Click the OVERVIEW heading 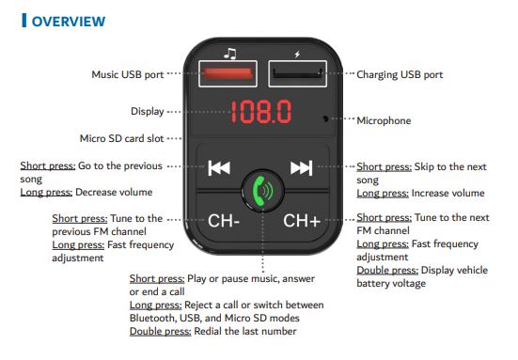[69, 22]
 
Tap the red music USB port [228, 73]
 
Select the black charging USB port [298, 73]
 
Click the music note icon [230, 54]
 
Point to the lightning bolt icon [297, 55]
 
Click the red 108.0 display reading [261, 112]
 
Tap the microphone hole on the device [325, 118]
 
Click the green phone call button [262, 191]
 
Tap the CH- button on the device [224, 221]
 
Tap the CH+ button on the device [302, 221]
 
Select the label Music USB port [128, 74]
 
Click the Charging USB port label [400, 74]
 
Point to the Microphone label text [384, 120]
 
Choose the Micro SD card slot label [121, 138]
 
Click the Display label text [148, 111]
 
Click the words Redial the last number [245, 331]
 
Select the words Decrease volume [114, 193]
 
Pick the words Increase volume [448, 194]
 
